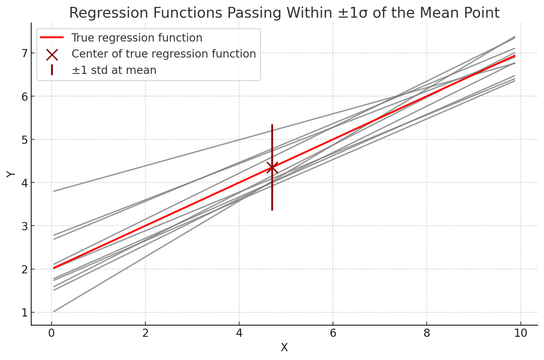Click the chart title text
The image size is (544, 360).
(x=284, y=13)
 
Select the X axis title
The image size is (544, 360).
(x=284, y=347)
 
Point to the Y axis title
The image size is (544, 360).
(x=11, y=174)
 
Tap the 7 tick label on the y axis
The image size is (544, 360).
(x=25, y=53)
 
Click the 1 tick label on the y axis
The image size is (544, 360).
(x=25, y=313)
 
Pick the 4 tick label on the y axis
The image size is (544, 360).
(x=25, y=183)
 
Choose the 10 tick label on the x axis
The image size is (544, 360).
(x=521, y=333)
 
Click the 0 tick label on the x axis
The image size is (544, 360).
(x=51, y=333)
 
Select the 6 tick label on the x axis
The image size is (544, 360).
(x=333, y=333)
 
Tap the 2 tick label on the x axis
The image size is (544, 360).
(x=145, y=333)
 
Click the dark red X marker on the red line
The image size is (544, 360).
(x=272, y=168)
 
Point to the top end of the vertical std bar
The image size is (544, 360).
(x=272, y=125)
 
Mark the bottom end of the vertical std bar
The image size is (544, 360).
(x=272, y=210)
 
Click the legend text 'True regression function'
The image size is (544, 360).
(x=137, y=38)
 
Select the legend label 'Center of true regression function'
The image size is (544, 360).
(x=164, y=54)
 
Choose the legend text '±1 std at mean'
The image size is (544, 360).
(x=114, y=70)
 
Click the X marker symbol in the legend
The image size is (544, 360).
(x=52, y=54)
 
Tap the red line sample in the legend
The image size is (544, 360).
(x=52, y=38)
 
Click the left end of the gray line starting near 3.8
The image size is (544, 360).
(x=54, y=191)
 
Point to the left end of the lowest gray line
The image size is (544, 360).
(x=54, y=312)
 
